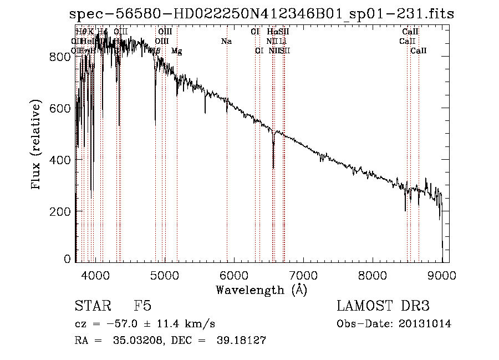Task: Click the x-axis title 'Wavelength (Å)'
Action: click(261, 289)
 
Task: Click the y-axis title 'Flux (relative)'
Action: click(37, 145)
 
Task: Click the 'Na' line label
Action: click(226, 41)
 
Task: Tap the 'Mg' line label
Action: click(177, 51)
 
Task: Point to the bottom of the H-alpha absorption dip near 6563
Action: click(273, 167)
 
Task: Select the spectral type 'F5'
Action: click(142, 307)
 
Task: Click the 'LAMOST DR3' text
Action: click(383, 307)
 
